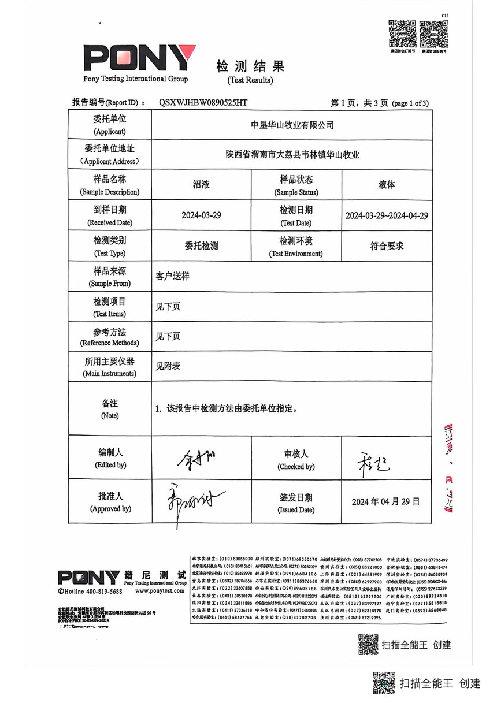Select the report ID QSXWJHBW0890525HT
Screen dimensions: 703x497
pos(203,103)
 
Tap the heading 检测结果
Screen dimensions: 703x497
pos(250,66)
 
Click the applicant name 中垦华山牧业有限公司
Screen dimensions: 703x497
pos(292,125)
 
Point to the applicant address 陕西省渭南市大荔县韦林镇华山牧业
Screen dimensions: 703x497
pos(292,155)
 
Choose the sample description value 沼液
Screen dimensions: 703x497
pos(201,185)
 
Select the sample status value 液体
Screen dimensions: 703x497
pos(387,185)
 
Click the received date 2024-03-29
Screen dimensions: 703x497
pos(201,215)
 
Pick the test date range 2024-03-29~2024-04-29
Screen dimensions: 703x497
pos(387,215)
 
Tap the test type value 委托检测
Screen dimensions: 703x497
pos(201,246)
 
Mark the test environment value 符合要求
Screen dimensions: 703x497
pos(387,246)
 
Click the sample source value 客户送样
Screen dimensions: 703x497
pos(172,276)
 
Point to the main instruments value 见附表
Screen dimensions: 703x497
pos(168,366)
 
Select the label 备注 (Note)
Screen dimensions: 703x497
pos(110,408)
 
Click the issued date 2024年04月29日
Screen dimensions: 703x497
pos(386,501)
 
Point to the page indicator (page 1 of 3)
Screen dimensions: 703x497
pos(410,103)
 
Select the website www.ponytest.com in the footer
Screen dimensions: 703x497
pos(160,591)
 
